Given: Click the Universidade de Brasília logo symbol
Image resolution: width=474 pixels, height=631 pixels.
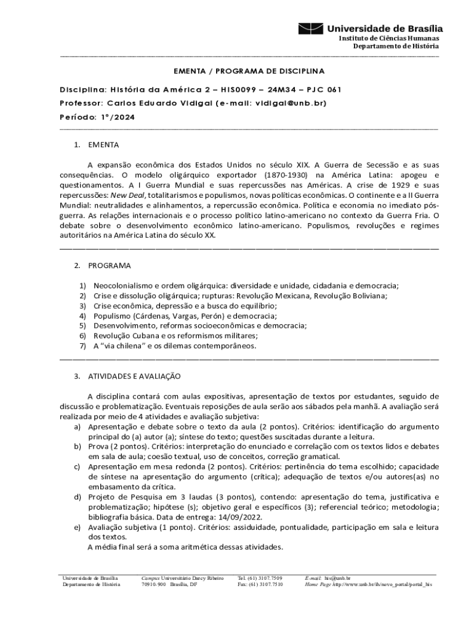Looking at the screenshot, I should [x=310, y=28].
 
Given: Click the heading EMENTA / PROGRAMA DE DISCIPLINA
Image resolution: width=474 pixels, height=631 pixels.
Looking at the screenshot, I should [x=248, y=71].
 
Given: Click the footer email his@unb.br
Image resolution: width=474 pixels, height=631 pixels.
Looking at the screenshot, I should [x=338, y=578].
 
